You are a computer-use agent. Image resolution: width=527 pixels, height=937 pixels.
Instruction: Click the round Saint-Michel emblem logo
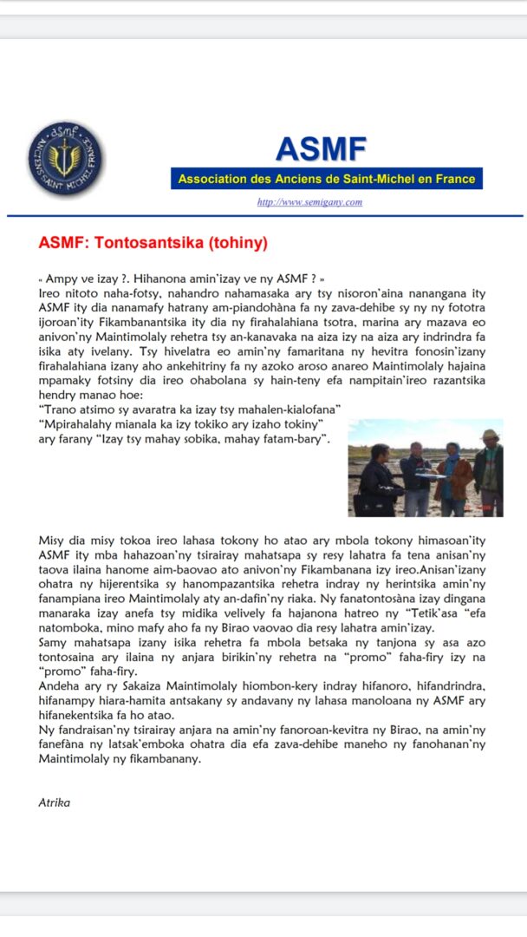click(x=65, y=158)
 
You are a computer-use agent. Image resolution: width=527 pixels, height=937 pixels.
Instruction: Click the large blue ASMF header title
click(x=321, y=148)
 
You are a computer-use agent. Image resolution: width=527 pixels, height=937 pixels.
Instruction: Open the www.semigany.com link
click(x=309, y=202)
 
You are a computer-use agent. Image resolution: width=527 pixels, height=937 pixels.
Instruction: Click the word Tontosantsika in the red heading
click(x=156, y=242)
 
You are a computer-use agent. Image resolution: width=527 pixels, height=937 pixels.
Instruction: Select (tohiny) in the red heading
click(x=236, y=242)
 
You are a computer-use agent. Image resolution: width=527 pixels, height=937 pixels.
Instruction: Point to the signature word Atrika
click(x=54, y=803)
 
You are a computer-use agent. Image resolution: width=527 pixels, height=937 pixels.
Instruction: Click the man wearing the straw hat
click(x=490, y=473)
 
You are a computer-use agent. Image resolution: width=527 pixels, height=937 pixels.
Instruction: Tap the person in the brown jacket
click(x=453, y=482)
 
